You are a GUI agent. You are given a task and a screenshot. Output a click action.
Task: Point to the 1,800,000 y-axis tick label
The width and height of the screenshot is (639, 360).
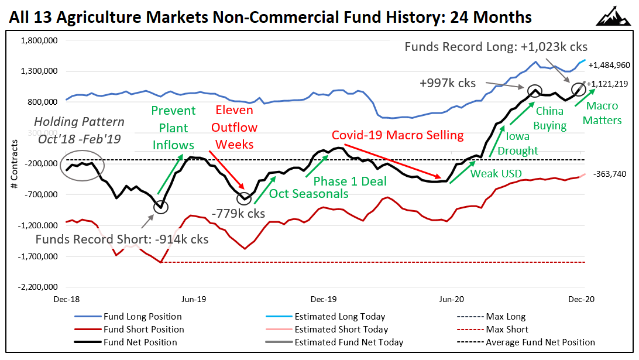click(39, 41)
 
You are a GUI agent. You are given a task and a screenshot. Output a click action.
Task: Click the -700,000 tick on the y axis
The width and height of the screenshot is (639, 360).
click(40, 194)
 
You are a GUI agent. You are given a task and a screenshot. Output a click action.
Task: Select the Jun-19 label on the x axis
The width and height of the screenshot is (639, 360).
click(194, 299)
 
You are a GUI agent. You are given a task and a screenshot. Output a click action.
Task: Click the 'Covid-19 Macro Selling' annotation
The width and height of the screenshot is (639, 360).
click(397, 135)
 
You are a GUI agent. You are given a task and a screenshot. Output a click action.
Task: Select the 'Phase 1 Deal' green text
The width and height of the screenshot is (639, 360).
click(350, 181)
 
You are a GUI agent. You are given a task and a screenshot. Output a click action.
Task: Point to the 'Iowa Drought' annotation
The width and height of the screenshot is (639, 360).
click(517, 143)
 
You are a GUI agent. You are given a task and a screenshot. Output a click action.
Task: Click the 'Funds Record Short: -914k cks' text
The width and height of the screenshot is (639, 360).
click(122, 239)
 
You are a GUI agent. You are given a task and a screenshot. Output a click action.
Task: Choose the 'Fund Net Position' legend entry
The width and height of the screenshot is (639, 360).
click(140, 342)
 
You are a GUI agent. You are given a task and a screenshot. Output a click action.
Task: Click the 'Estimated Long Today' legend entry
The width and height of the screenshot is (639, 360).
click(340, 317)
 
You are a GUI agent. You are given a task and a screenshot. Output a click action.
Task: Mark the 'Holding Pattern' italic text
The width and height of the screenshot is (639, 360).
click(80, 122)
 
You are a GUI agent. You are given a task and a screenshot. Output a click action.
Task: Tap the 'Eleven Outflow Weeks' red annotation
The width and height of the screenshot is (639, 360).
click(235, 128)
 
